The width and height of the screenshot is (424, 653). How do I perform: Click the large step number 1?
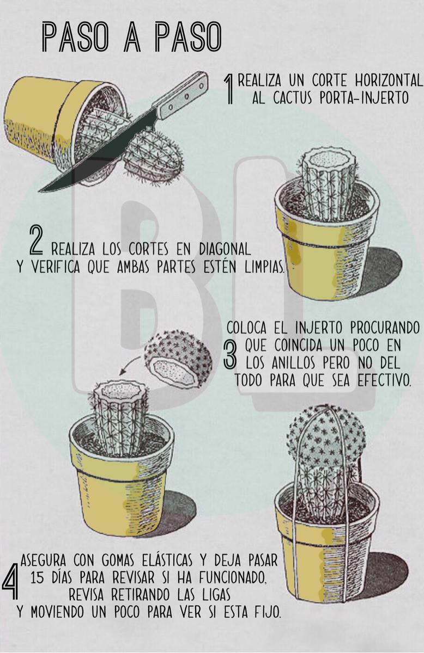click(229, 89)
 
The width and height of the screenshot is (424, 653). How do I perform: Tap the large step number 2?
click(37, 240)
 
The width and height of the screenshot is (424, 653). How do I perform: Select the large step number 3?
click(229, 354)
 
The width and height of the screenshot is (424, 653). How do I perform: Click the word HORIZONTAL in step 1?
click(389, 80)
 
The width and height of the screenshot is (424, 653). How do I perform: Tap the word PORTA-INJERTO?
click(364, 98)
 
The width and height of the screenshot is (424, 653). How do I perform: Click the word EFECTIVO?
click(384, 381)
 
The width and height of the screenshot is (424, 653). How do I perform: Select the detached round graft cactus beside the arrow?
click(178, 358)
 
